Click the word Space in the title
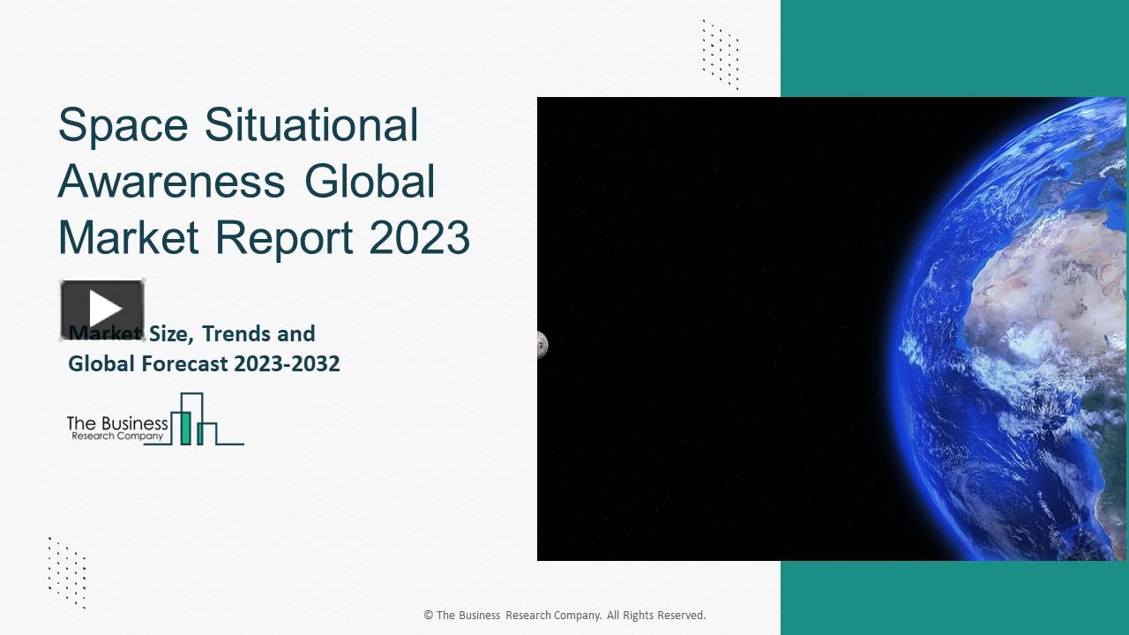click(x=123, y=125)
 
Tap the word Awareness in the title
click(x=171, y=181)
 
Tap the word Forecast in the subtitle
click(x=183, y=363)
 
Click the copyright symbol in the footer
click(x=428, y=616)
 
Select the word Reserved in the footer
click(x=680, y=616)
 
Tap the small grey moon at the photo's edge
click(x=542, y=345)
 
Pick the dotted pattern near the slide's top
click(x=720, y=55)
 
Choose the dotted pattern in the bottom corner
click(x=67, y=571)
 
